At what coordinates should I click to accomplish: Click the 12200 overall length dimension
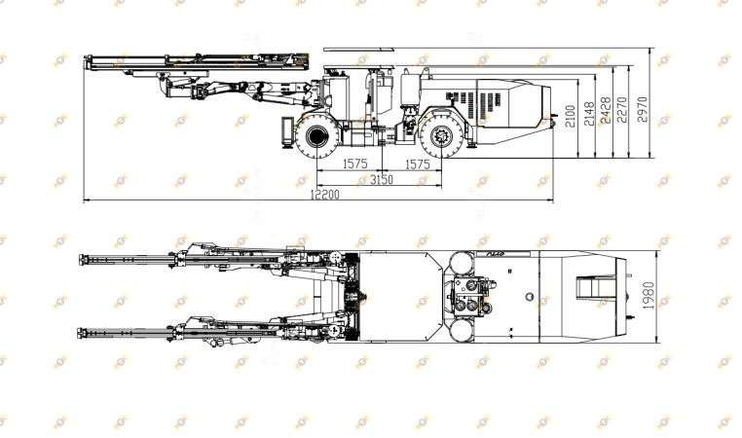(324, 194)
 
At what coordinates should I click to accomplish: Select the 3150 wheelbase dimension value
(382, 179)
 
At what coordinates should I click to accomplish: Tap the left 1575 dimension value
(354, 164)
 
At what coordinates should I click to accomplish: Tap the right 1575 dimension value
(418, 164)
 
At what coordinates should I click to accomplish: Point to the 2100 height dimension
(571, 116)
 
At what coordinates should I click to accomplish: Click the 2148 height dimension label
(589, 114)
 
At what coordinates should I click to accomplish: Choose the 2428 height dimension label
(606, 110)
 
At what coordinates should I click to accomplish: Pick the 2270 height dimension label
(622, 110)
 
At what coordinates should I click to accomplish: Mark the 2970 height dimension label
(642, 110)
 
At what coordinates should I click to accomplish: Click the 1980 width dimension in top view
(649, 296)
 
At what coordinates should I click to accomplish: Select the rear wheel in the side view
(442, 136)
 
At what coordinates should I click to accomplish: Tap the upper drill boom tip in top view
(82, 260)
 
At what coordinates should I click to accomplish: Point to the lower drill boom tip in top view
(81, 333)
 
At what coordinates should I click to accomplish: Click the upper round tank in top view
(462, 264)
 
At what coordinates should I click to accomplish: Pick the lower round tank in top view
(462, 330)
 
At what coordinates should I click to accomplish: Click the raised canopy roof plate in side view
(358, 49)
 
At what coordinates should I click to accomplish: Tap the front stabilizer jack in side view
(287, 131)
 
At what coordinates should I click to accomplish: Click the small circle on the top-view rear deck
(530, 297)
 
